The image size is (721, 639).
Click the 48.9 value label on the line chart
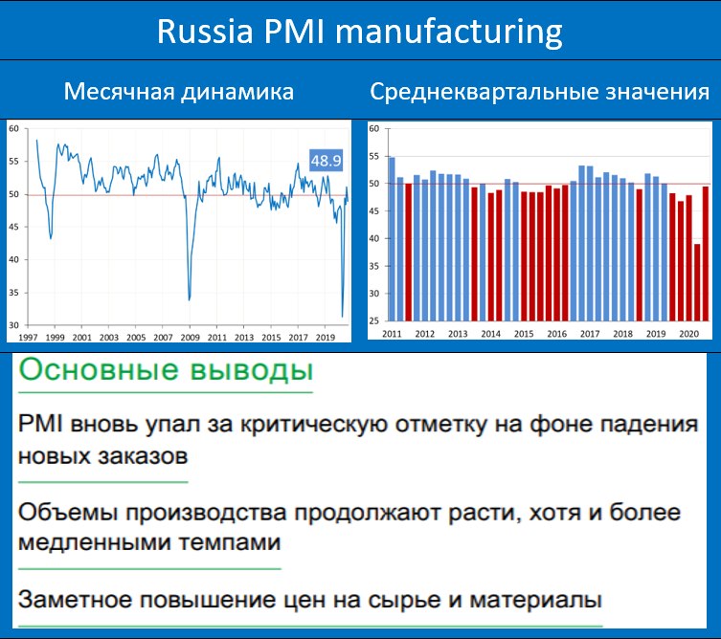[x=326, y=161]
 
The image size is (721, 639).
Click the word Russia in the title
[x=205, y=32]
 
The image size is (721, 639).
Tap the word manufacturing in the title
[x=448, y=33]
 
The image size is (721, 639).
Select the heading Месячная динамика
[x=179, y=92]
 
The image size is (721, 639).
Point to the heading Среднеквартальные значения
[x=539, y=92]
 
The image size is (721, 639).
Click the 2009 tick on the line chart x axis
[x=190, y=337]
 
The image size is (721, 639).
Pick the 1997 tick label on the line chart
[x=28, y=337]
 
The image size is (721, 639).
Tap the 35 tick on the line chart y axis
[x=13, y=293]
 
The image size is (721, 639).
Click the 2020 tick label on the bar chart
[x=688, y=334]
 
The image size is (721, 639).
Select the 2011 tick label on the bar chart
[x=392, y=334]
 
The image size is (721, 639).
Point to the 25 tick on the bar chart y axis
[x=373, y=320]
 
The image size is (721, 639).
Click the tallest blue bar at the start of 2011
[x=392, y=239]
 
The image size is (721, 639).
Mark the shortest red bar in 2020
[x=697, y=282]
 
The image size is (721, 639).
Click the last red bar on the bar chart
[x=706, y=253]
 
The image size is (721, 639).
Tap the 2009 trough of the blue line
[x=190, y=300]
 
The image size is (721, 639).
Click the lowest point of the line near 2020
[x=342, y=316]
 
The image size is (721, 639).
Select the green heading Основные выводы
[x=166, y=370]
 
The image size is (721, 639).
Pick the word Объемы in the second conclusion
[x=68, y=512]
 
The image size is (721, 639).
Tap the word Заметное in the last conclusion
[x=75, y=600]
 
